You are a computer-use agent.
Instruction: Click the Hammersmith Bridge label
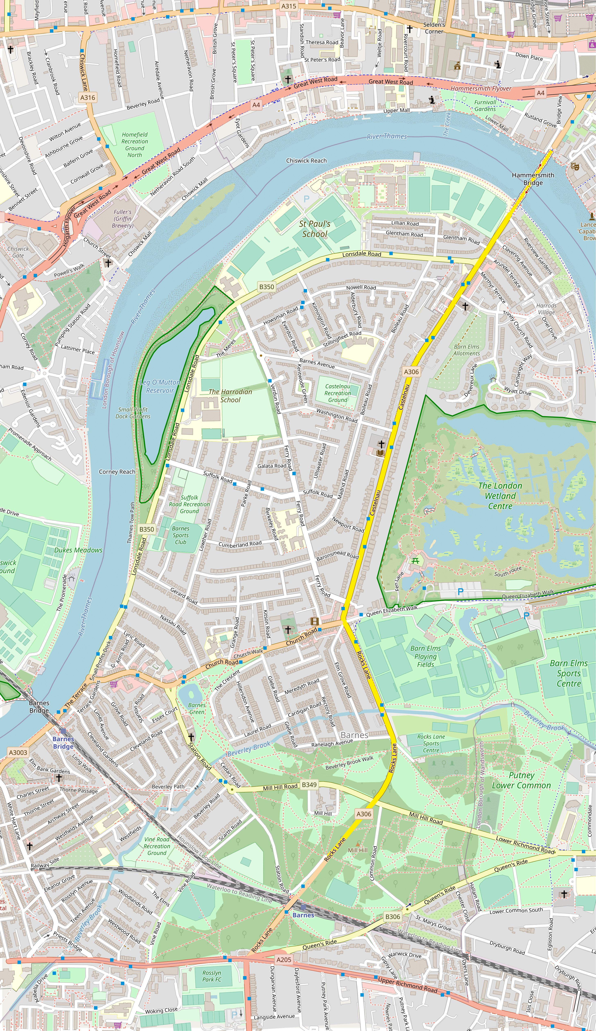coord(533,179)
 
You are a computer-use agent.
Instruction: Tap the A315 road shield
coord(289,6)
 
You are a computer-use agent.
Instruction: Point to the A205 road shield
coord(284,959)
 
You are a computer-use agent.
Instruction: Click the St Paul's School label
coord(315,229)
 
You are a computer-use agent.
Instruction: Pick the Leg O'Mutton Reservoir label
coord(160,386)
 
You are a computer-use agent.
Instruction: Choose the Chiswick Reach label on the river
coord(306,160)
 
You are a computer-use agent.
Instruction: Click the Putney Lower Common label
coord(521,780)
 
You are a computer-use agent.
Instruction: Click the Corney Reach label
coord(117,472)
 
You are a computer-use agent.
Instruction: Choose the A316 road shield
coord(87,97)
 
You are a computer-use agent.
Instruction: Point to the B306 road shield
coord(392,917)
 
